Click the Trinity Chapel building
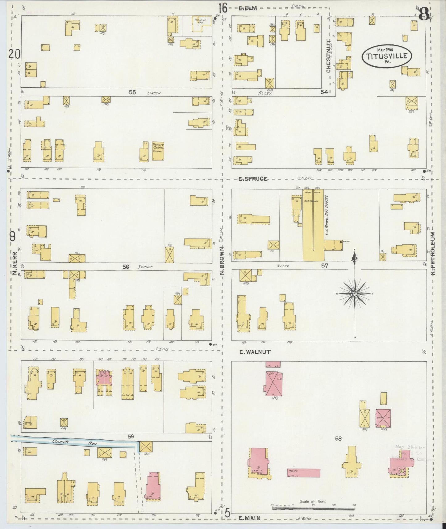(158, 151)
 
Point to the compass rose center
(355, 293)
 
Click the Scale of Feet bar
(313, 507)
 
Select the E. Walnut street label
(255, 352)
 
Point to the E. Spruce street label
(253, 179)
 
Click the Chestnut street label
(328, 59)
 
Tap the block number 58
(338, 438)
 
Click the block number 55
(132, 92)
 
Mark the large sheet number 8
(424, 14)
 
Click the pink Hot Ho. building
(304, 473)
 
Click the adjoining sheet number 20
(14, 54)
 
